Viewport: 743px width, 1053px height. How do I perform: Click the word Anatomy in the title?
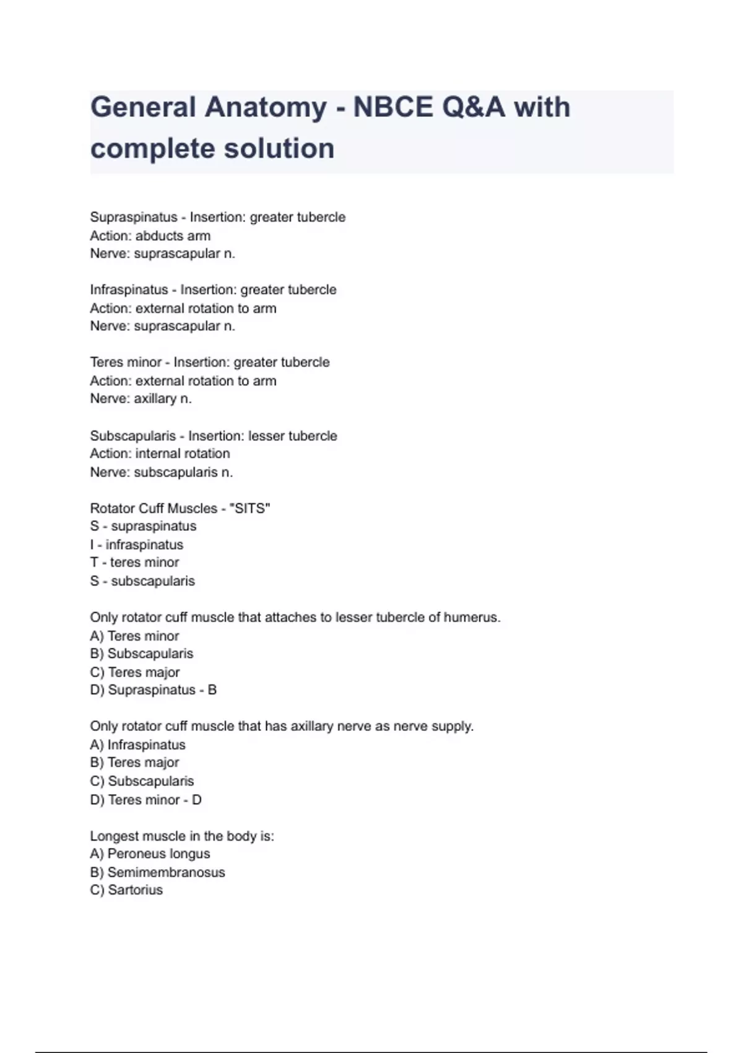[266, 107]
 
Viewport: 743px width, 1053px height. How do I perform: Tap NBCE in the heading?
[393, 107]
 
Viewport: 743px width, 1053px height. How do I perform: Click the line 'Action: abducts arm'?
[150, 236]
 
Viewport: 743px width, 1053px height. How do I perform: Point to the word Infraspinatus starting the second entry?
[129, 290]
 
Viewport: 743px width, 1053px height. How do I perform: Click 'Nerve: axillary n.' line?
[141, 399]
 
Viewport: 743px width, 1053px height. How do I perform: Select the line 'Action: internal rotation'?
[160, 453]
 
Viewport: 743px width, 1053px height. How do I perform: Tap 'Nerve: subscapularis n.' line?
[162, 472]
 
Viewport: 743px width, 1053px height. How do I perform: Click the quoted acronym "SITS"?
[250, 509]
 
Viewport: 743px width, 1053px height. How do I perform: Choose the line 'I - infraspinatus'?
[137, 545]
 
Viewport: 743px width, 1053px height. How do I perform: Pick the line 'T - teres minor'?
[134, 562]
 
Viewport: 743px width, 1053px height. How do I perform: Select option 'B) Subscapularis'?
[142, 653]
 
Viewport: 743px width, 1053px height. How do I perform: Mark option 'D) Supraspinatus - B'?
[154, 690]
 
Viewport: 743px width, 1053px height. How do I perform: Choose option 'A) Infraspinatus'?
[137, 745]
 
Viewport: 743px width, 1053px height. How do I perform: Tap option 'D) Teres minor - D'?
[146, 800]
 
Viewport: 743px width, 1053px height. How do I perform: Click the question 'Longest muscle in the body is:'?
[182, 836]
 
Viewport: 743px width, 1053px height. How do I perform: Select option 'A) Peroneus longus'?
[150, 854]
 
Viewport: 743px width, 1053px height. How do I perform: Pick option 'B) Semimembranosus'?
[157, 872]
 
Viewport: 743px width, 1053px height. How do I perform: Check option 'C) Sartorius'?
[126, 890]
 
